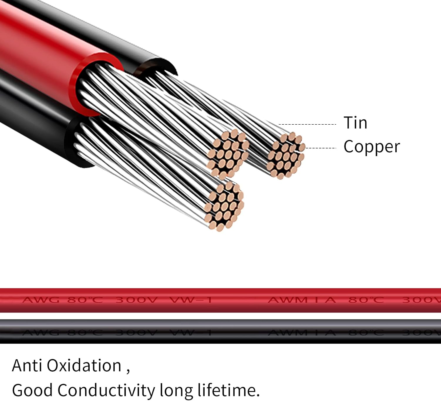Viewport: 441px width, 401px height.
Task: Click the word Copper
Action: click(372, 147)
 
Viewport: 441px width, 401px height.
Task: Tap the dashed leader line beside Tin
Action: click(307, 124)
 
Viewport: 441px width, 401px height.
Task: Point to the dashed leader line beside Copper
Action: click(321, 148)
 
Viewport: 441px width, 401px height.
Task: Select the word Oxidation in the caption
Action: click(84, 365)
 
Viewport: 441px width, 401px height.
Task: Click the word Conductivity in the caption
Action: click(106, 390)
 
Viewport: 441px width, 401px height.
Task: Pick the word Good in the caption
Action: click(32, 390)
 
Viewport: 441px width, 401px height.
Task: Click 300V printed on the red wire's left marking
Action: click(136, 300)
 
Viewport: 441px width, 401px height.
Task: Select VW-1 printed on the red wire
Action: click(191, 300)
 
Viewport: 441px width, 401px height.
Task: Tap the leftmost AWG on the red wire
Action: click(41, 300)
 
